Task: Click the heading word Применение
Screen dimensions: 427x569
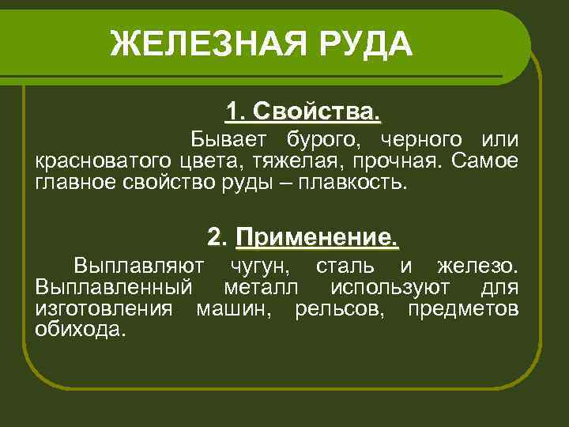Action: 317,236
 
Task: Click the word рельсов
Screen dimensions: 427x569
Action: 339,308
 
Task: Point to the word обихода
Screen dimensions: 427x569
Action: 80,330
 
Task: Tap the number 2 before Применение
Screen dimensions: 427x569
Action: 216,236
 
